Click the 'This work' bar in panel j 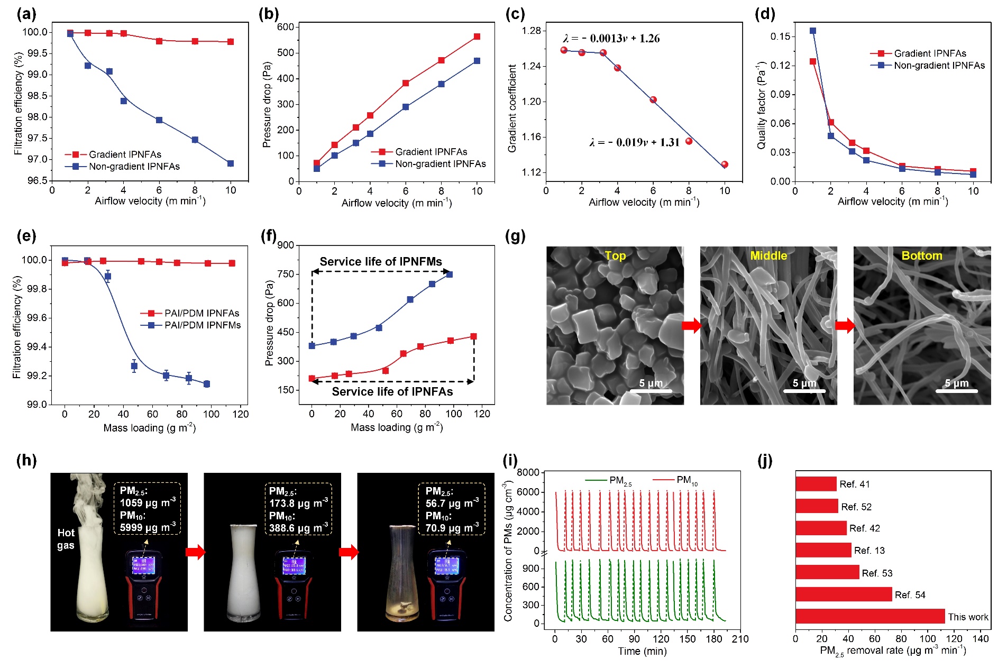870,616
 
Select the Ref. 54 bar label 910,595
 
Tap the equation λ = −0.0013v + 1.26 611,38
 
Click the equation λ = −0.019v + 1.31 634,142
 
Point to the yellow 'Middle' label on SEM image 768,255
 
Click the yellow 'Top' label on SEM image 615,255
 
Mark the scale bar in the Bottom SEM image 956,391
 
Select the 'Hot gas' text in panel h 66,539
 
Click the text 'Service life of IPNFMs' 381,261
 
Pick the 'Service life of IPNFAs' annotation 392,391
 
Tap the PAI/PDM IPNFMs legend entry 203,325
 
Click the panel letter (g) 515,236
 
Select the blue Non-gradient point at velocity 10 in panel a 231,163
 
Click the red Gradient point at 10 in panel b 477,36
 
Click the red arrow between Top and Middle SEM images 691,326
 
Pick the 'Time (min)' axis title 642,651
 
